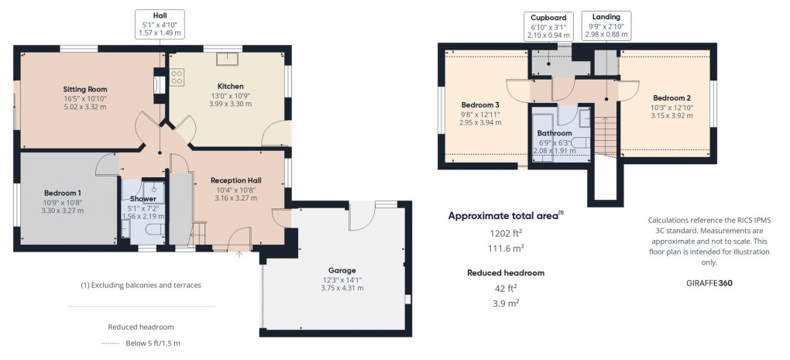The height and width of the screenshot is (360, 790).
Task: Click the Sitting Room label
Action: pos(85,89)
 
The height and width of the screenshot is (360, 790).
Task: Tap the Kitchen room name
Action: pos(230,86)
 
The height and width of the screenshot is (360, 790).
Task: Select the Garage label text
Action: pos(342,270)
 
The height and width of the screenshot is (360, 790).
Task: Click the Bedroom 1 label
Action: pos(63,193)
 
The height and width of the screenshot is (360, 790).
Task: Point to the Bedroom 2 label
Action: pos(671,98)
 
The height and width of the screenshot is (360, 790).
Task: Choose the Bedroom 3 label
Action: pos(480,105)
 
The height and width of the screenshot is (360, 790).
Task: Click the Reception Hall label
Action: pos(235,180)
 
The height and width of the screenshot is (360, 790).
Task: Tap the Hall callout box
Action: pos(160,24)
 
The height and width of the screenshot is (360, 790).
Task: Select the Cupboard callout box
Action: pos(548,26)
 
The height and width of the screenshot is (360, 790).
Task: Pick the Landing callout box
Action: pos(606,26)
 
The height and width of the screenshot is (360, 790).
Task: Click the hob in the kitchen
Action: pos(177,77)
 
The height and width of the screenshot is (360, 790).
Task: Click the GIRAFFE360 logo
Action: pos(709,283)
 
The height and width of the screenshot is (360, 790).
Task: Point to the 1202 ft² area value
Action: pos(505,234)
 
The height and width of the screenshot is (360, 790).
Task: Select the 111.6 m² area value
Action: pos(505,249)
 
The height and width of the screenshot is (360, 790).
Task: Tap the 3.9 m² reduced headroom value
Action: pos(505,303)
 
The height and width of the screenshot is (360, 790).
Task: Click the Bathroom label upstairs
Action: pos(555,133)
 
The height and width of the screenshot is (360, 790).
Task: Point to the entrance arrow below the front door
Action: pos(239,254)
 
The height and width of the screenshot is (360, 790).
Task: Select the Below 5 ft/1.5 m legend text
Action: pos(153,344)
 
